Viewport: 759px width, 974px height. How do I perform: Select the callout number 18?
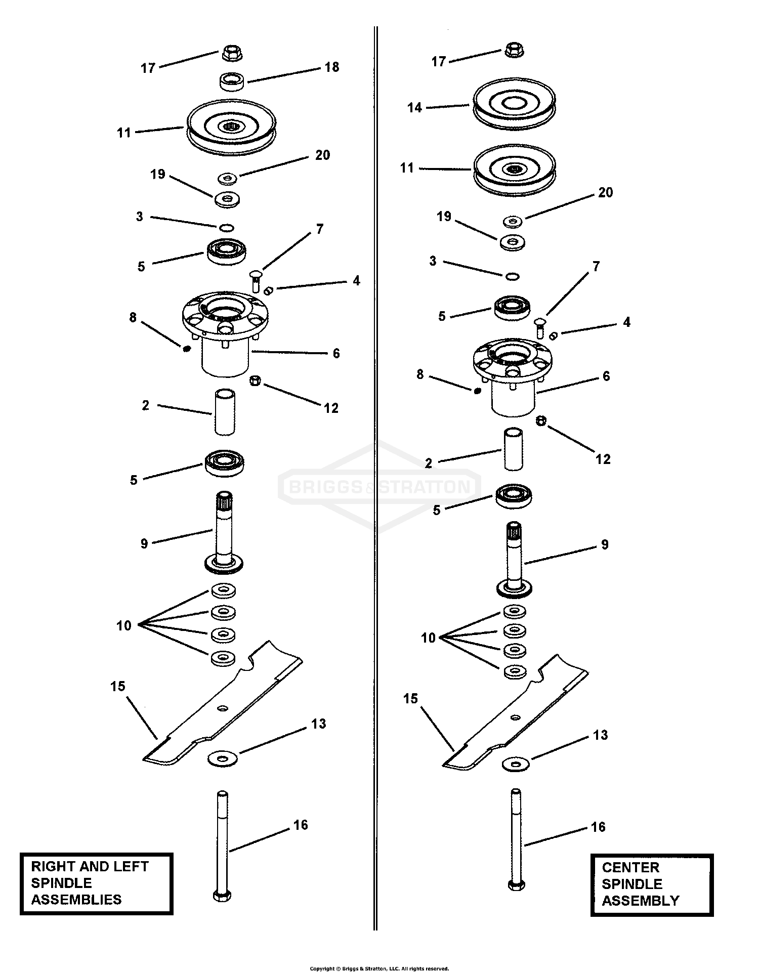(332, 67)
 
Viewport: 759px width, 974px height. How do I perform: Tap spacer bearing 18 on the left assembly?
(232, 81)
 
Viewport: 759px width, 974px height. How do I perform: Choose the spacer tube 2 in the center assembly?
(514, 449)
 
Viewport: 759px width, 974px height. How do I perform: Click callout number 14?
(414, 108)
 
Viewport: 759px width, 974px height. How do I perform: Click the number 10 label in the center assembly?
(428, 638)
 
